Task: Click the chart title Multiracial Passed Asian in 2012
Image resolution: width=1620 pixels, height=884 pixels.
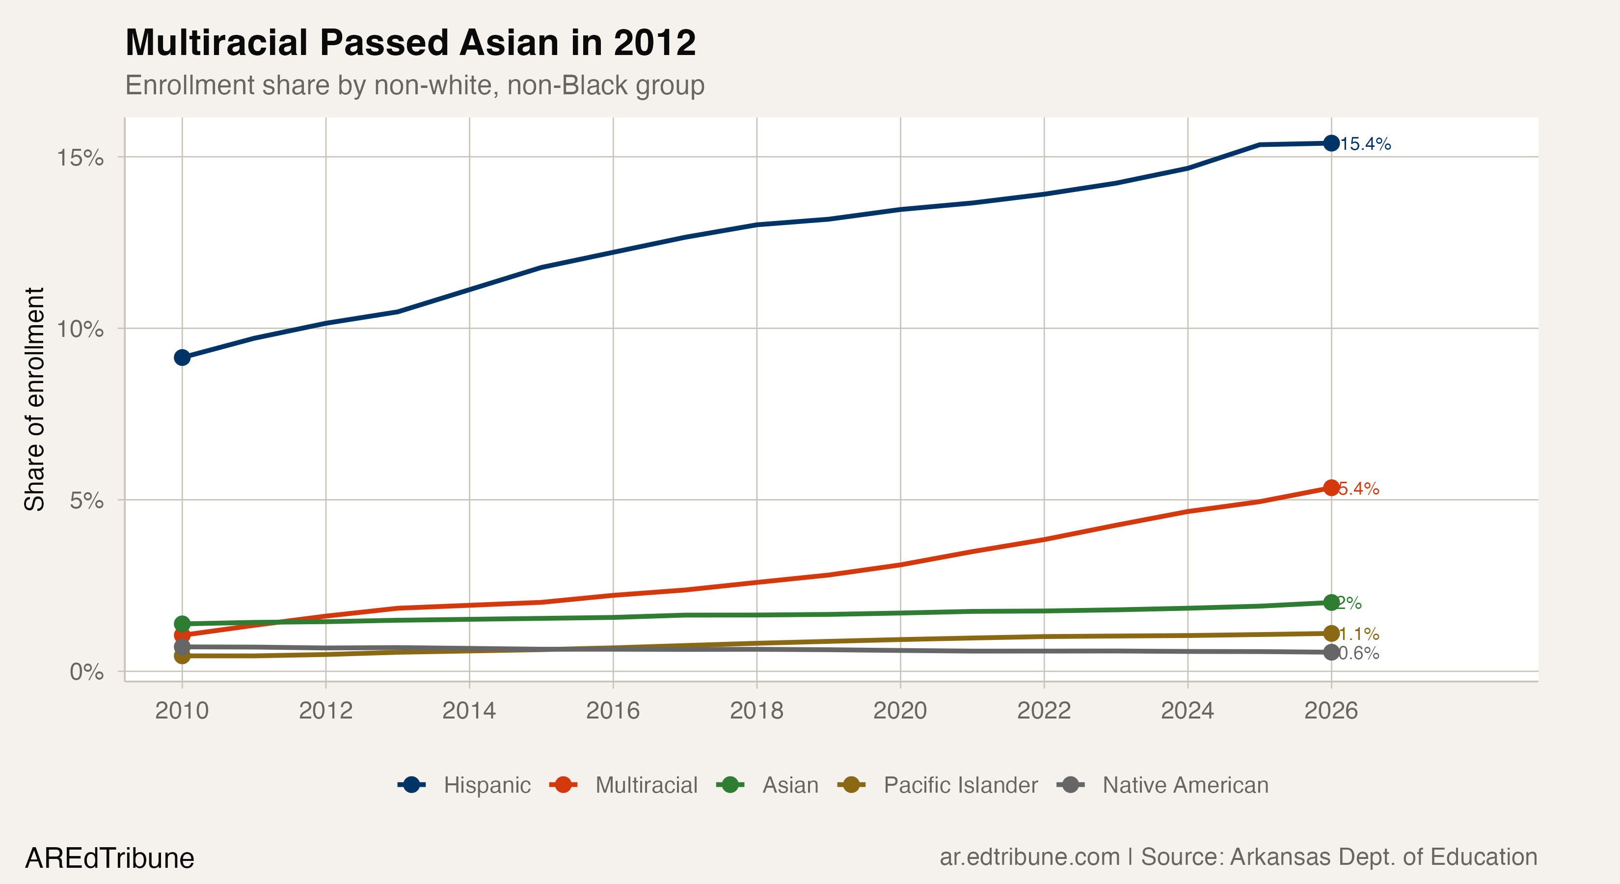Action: point(410,43)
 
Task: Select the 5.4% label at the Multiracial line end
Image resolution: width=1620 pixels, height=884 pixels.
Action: point(1358,489)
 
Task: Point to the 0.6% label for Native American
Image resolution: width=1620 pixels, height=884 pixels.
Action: point(1358,654)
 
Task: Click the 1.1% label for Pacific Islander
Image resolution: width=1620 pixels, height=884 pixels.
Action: point(1358,634)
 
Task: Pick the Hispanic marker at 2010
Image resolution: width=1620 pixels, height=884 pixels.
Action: point(182,358)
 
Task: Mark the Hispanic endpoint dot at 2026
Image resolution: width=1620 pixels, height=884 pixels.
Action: point(1331,143)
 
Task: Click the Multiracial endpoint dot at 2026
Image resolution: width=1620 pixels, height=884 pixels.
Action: point(1331,488)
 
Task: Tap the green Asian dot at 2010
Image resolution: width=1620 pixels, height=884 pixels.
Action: point(182,624)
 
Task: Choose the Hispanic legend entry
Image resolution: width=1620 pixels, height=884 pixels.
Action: point(465,785)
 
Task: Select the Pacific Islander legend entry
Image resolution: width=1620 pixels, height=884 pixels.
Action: point(938,785)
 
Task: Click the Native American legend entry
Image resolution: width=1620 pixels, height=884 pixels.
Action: point(1163,785)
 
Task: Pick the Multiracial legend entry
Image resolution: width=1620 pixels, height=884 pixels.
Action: point(624,785)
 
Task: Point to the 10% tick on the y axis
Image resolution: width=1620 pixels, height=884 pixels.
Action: point(80,329)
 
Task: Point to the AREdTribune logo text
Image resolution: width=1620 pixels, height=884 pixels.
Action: point(109,858)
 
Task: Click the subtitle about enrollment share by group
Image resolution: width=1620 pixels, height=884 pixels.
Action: point(414,85)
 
